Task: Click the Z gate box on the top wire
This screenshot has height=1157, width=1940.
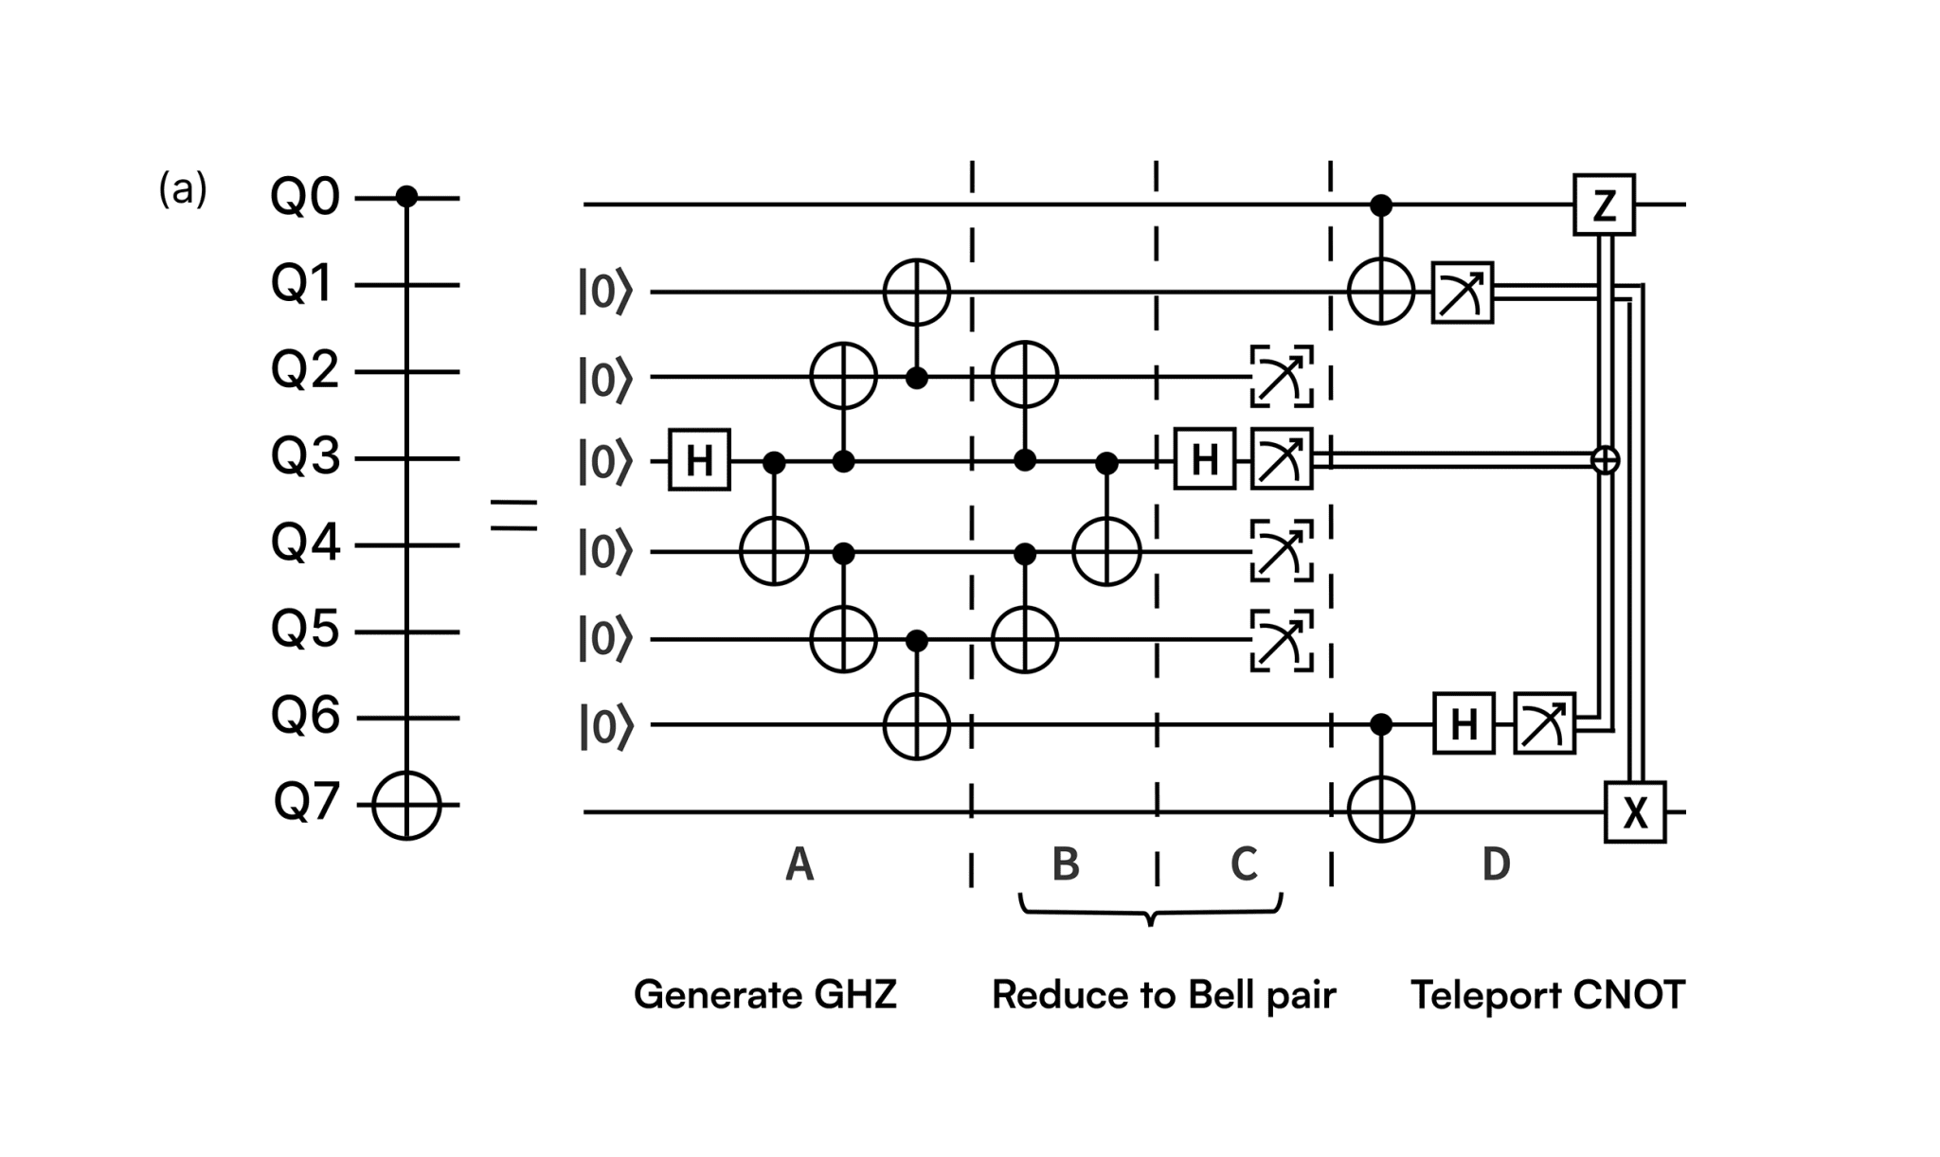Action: coord(1604,204)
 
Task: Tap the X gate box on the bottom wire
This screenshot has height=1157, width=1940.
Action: coord(1634,812)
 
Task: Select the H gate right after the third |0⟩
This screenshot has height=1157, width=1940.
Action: coord(699,460)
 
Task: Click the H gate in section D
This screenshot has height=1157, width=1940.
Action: coord(1464,724)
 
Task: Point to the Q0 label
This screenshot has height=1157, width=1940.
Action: coord(304,198)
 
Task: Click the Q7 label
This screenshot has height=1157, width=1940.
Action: coord(305,803)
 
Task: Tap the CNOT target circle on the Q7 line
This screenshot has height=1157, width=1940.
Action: coord(406,806)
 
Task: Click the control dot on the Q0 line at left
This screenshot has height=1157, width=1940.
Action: coord(406,197)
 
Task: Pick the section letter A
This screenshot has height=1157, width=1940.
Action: coord(799,864)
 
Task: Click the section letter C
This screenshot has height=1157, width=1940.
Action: coord(1243,863)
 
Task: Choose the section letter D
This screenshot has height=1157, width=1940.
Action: coord(1496,863)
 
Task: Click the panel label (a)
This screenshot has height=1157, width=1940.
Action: coord(182,189)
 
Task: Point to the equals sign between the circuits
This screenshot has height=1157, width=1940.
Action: coord(513,516)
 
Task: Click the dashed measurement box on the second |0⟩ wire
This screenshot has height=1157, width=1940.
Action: coord(1281,376)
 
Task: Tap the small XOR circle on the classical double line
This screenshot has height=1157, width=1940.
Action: coord(1605,460)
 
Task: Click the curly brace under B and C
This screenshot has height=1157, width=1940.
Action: coord(1150,911)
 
